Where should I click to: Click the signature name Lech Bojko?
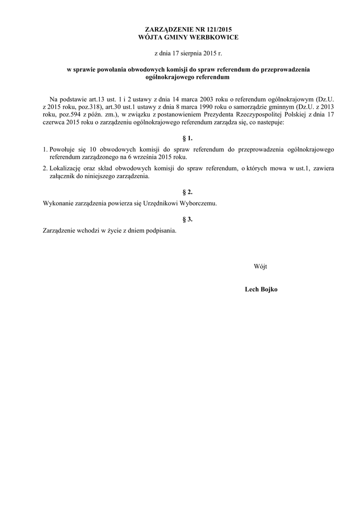point(261,289)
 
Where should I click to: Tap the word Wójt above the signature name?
point(260,266)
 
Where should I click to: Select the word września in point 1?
point(140,157)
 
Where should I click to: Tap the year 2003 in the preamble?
point(205,99)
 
